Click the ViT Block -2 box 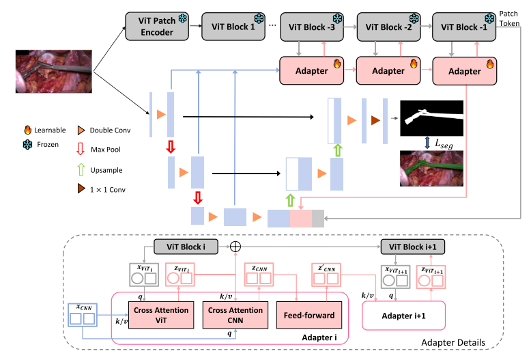[385, 26]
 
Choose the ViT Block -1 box [462, 26]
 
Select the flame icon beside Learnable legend [27, 129]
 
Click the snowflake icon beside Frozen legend [27, 145]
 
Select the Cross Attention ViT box [152, 315]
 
